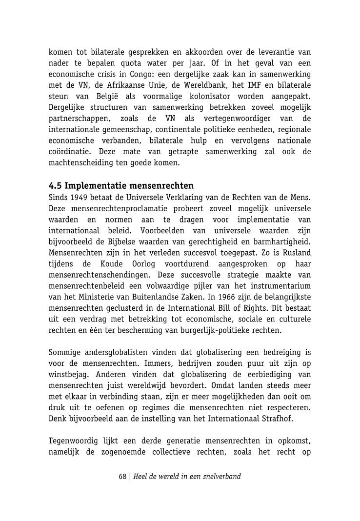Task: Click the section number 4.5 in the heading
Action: point(55,186)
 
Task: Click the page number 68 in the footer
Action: point(122,476)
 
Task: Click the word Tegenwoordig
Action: point(73,441)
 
